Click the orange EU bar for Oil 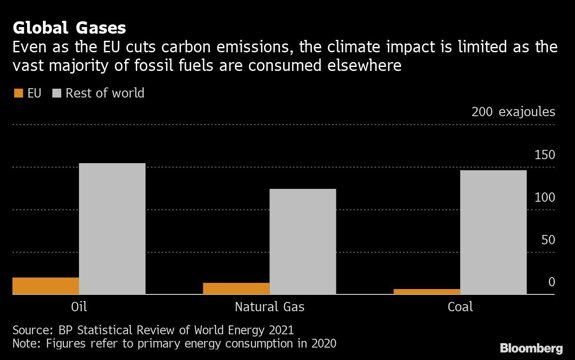[x=46, y=286]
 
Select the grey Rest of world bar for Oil [x=112, y=228]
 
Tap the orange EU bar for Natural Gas [x=236, y=288]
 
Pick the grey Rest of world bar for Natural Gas [x=303, y=241]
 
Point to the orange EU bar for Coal [x=427, y=291]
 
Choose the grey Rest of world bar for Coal [x=493, y=232]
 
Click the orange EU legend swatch [x=19, y=93]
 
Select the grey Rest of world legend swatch [x=57, y=93]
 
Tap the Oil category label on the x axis [x=79, y=306]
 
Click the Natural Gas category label [x=269, y=306]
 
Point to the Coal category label [x=460, y=306]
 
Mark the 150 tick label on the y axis [x=545, y=155]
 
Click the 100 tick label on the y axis [x=545, y=197]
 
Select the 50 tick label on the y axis [x=548, y=240]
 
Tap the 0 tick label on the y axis [x=551, y=282]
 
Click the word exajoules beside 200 [x=527, y=112]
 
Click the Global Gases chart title [x=69, y=28]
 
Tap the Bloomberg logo [x=531, y=348]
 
